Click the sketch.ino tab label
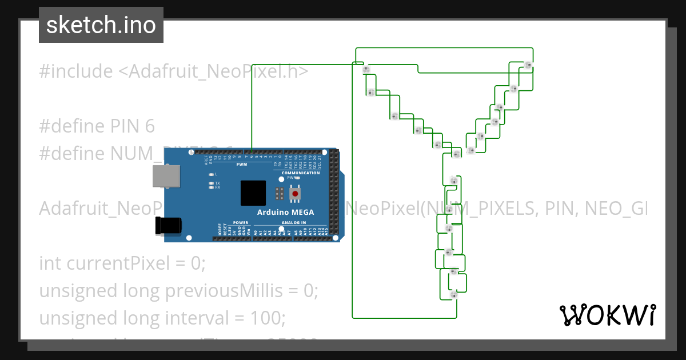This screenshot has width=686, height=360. point(101,25)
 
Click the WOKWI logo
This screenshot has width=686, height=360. point(607,315)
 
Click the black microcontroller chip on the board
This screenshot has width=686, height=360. point(253,193)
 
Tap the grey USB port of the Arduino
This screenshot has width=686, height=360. point(167,177)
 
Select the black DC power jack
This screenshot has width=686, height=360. point(171,226)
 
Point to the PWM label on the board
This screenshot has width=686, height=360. point(241,165)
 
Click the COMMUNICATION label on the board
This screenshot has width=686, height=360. point(301,173)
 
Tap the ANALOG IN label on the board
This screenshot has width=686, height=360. point(294,222)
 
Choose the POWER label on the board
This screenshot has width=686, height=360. point(241,222)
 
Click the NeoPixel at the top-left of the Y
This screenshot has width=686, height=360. point(366,69)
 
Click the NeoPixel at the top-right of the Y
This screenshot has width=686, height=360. point(528,65)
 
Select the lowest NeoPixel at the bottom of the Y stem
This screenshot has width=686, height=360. point(454,295)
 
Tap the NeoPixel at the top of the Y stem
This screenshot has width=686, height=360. point(454,181)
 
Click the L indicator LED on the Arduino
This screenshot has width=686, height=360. point(212,174)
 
